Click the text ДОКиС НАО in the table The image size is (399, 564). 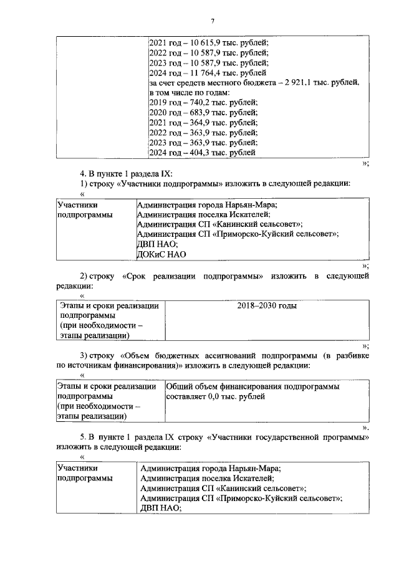[x=161, y=254]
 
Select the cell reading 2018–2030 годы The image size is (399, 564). [x=267, y=306]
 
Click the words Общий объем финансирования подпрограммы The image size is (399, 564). [x=252, y=386]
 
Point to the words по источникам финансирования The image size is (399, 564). [x=116, y=365]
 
